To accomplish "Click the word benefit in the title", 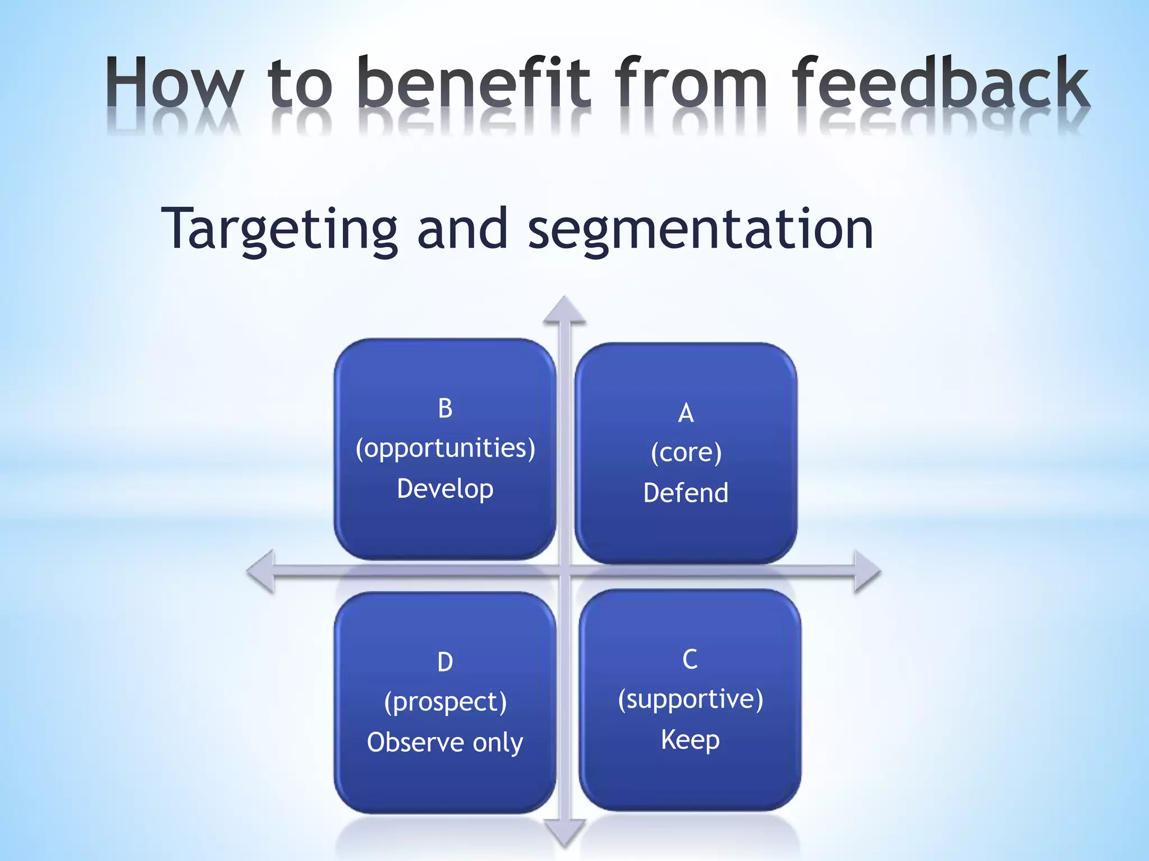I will click(x=474, y=83).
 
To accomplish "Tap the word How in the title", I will click(x=174, y=83).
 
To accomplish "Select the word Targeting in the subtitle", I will click(x=279, y=230).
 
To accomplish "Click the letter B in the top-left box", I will click(x=445, y=408).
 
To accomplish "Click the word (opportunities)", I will click(x=445, y=448).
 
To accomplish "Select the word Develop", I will click(x=445, y=489).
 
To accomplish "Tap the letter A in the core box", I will click(x=686, y=413).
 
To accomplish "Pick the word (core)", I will click(x=686, y=453).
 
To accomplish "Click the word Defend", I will click(x=686, y=493).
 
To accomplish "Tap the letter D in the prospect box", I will click(x=445, y=662).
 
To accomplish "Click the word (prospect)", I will click(x=445, y=702).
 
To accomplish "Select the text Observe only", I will click(x=445, y=743).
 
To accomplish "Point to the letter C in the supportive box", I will click(x=690, y=659).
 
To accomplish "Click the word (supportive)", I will click(x=690, y=700).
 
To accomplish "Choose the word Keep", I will click(x=690, y=740).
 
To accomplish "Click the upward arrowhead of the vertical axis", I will click(x=565, y=311).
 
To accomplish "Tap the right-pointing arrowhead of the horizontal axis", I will click(x=866, y=572).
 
